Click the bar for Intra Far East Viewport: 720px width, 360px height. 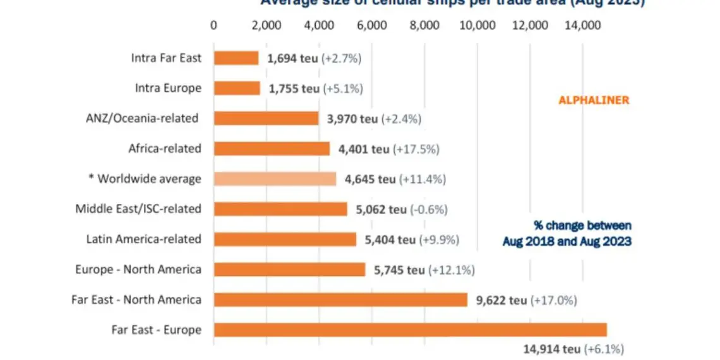click(x=236, y=58)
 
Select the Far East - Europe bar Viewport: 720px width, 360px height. click(x=410, y=330)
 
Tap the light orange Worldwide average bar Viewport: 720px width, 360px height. click(x=275, y=179)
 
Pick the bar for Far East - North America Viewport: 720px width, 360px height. click(x=340, y=299)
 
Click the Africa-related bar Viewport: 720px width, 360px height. click(x=272, y=149)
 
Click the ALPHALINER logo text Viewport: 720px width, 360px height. click(x=594, y=100)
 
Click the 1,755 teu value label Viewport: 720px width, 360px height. click(x=294, y=88)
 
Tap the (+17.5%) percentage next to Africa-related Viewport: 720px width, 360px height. click(x=416, y=149)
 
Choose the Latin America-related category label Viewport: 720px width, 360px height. click(x=143, y=239)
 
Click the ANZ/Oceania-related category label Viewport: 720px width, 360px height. click(x=142, y=118)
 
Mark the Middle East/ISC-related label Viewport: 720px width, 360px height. click(x=138, y=208)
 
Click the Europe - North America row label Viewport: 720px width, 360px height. click(x=138, y=270)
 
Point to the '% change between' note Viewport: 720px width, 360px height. click(x=582, y=225)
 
